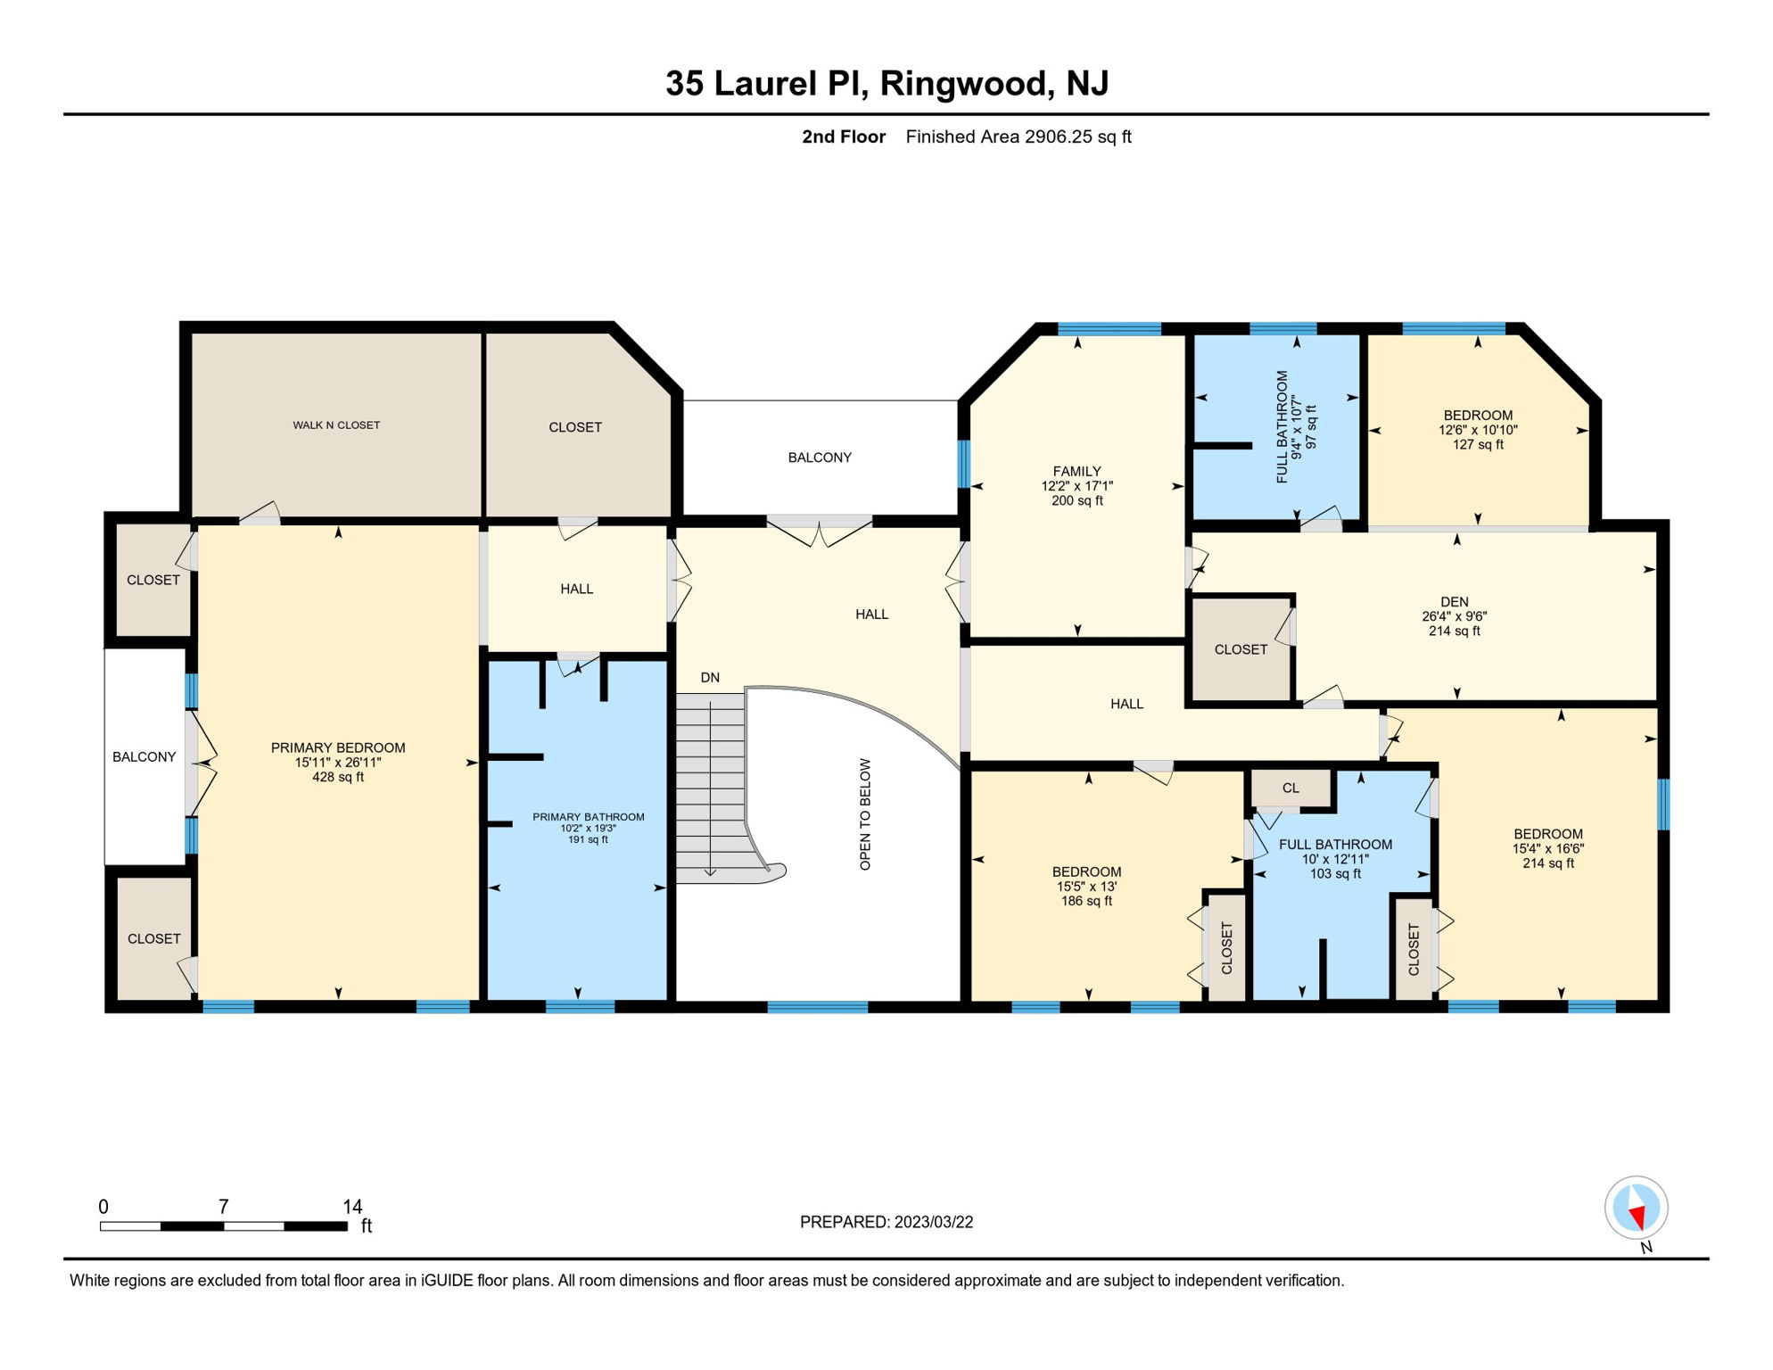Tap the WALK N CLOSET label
point(336,425)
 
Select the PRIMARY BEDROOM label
point(338,747)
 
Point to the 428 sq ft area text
point(338,777)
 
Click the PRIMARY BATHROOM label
point(589,817)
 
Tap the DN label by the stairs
point(710,678)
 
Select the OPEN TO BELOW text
point(865,814)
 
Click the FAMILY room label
point(1077,471)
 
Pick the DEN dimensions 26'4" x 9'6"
point(1455,616)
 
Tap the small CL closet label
point(1291,788)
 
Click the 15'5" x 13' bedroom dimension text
point(1086,887)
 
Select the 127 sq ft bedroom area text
point(1478,444)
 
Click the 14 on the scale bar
point(352,1207)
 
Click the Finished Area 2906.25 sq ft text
point(1018,136)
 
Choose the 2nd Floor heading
point(844,136)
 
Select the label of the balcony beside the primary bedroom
point(144,757)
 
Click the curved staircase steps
point(713,785)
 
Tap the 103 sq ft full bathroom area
point(1335,874)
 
